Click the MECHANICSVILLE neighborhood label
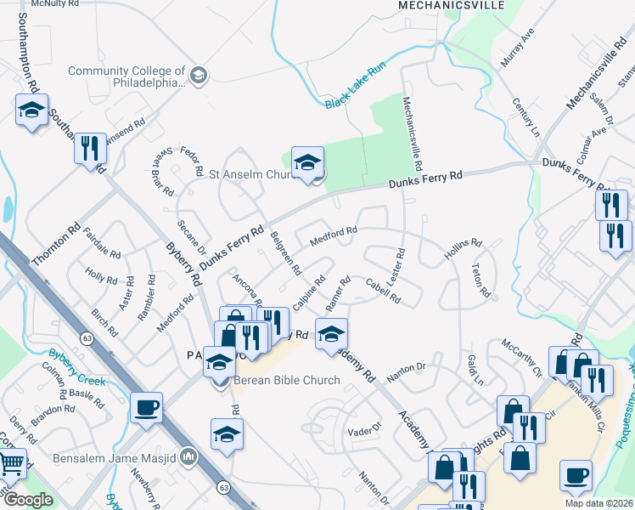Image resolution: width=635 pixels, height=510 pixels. (x=452, y=5)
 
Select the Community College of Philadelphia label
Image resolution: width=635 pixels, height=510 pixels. (x=127, y=77)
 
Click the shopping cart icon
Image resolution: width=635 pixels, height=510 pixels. (x=10, y=464)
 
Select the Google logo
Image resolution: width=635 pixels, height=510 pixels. (x=29, y=500)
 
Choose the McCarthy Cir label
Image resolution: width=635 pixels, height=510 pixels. (x=520, y=358)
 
